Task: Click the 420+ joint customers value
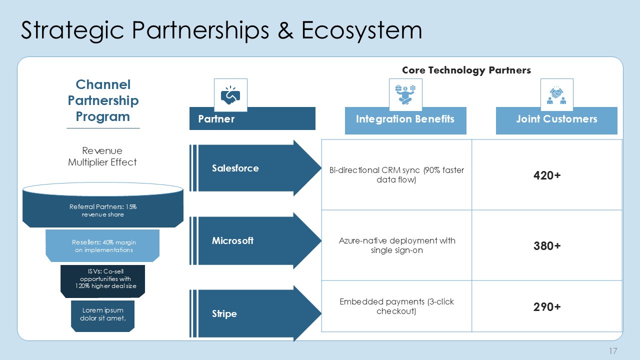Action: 546,175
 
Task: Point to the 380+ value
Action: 546,245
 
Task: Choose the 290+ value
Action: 546,306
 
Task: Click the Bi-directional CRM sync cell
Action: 396,175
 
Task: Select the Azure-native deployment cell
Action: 396,245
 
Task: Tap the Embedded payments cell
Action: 396,306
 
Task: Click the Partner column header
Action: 252,119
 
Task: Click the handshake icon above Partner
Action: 230,94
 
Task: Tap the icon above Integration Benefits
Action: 405,94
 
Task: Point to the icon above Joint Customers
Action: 556,94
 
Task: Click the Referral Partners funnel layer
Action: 103,210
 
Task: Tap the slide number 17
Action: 613,351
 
